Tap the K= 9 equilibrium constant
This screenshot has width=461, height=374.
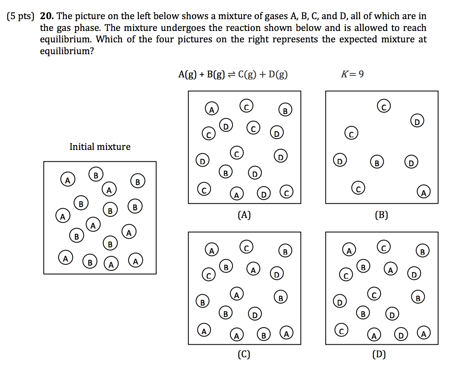(x=352, y=74)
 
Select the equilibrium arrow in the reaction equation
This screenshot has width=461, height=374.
(x=231, y=75)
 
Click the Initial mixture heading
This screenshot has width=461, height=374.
(x=100, y=147)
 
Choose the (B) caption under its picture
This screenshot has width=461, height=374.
(x=382, y=215)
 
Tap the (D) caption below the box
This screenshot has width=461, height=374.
(x=379, y=355)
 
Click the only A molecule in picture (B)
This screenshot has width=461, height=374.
(x=424, y=192)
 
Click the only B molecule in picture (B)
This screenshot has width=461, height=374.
(x=377, y=163)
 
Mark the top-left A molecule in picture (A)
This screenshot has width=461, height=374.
(x=211, y=109)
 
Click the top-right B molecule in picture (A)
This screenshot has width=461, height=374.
(x=285, y=110)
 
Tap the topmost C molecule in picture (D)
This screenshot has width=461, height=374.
(x=384, y=247)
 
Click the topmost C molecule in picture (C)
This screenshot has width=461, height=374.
(x=246, y=247)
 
